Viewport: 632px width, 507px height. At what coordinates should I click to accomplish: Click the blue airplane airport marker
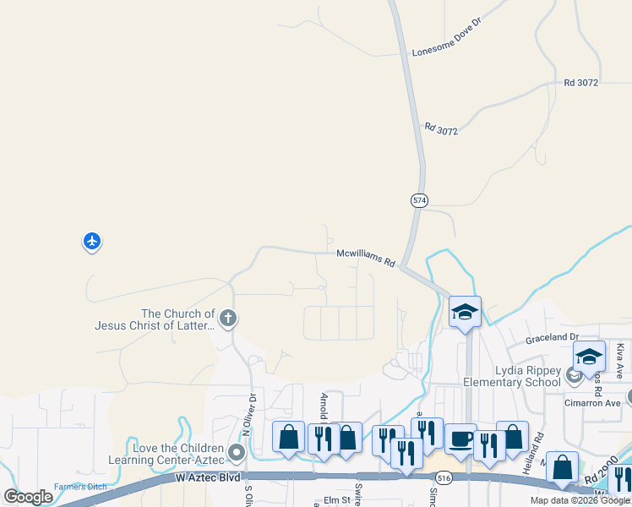[92, 242]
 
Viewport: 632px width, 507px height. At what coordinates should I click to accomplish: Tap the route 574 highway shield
[420, 200]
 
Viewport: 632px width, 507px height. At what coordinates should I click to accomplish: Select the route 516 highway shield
[445, 477]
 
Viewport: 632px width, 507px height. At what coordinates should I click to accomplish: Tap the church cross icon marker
[226, 319]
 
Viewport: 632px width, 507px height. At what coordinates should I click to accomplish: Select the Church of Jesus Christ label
[154, 319]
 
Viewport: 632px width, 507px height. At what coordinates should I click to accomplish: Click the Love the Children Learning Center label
[166, 454]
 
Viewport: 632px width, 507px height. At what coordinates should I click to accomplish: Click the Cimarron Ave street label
[593, 403]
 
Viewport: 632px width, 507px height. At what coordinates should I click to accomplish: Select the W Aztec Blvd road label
[208, 478]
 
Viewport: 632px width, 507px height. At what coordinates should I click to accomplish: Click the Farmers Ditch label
[81, 487]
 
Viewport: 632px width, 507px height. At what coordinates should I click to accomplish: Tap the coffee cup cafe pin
[461, 439]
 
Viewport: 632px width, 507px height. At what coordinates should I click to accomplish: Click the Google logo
[29, 497]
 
